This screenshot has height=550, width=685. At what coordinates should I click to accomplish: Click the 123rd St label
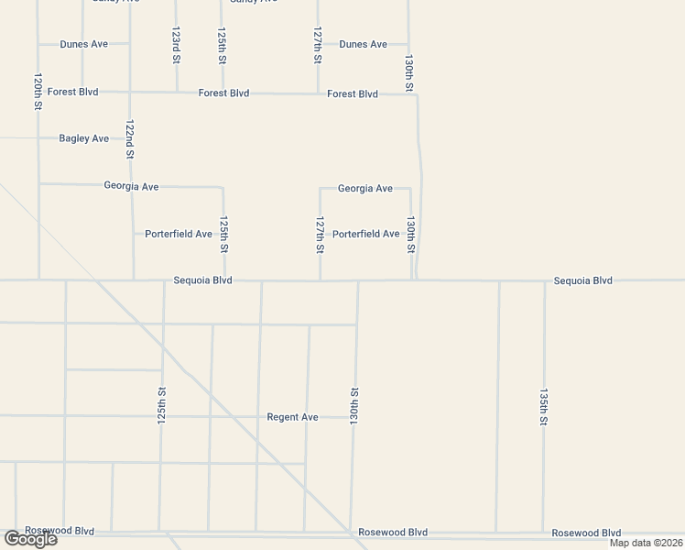[x=176, y=44]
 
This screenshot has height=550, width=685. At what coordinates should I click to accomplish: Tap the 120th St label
[x=38, y=92]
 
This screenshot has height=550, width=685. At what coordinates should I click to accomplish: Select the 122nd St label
[x=130, y=137]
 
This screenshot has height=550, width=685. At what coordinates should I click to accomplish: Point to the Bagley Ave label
[x=83, y=138]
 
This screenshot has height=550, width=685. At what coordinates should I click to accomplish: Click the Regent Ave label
[x=292, y=417]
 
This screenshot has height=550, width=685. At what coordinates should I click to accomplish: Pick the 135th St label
[x=543, y=406]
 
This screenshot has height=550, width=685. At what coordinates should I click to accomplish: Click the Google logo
[x=29, y=539]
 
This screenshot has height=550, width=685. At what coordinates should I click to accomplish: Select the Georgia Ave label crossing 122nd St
[x=131, y=186]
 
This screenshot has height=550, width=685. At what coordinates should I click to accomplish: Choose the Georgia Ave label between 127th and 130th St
[x=364, y=189]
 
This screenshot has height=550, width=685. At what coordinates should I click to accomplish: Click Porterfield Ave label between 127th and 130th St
[x=365, y=234]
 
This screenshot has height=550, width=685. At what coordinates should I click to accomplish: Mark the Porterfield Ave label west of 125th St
[x=179, y=234]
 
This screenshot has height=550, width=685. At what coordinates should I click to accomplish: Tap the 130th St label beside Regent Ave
[x=354, y=405]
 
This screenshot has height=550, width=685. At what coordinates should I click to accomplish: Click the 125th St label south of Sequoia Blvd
[x=162, y=404]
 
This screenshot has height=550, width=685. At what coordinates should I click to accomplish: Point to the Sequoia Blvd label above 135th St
[x=582, y=280]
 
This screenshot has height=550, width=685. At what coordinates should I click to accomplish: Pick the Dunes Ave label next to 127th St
[x=363, y=44]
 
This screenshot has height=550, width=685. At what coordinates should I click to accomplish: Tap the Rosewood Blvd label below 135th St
[x=586, y=533]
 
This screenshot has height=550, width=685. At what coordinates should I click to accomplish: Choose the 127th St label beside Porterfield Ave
[x=320, y=236]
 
